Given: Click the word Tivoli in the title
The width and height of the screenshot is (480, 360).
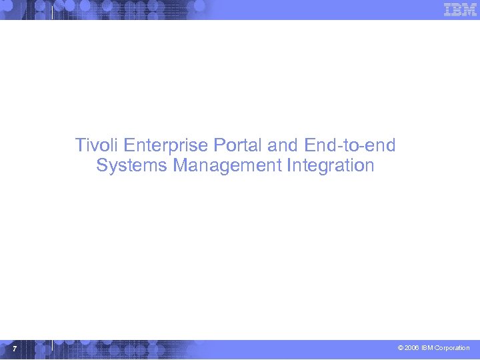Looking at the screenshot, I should point(97,145).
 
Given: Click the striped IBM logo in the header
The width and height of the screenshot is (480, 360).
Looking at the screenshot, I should point(460,9).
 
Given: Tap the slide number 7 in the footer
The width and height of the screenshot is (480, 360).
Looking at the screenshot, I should point(14,349).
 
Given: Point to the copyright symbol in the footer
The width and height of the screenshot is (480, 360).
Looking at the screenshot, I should point(400,348).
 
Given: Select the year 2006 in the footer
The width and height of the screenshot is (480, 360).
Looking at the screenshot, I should point(412,348).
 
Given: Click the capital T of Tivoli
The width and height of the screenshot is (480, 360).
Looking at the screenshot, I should point(80,145).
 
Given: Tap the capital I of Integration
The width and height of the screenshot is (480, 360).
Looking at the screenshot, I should point(289,165).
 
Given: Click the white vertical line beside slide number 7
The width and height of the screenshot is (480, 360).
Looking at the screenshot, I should point(53,345).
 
